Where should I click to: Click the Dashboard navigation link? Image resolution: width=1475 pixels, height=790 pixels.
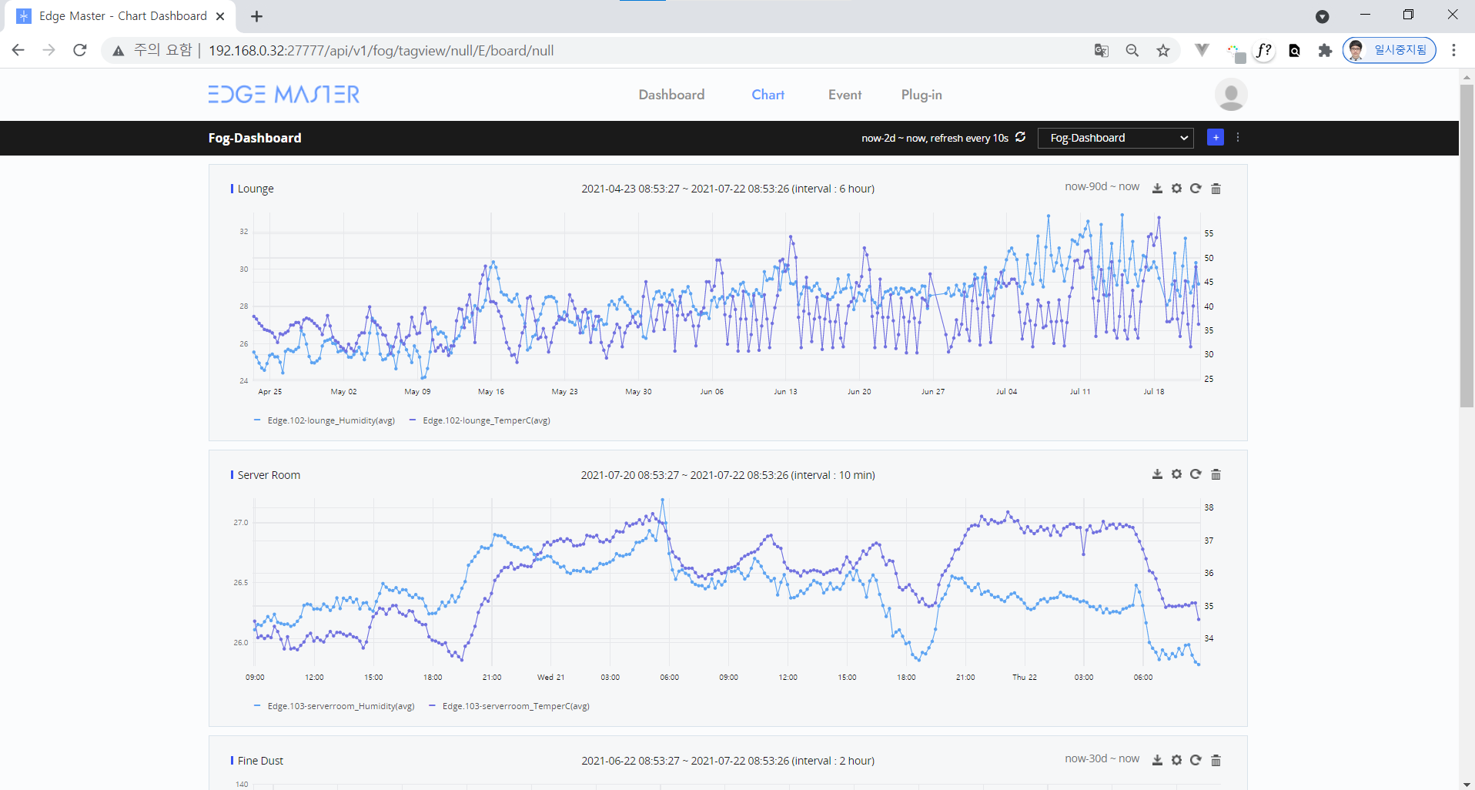coord(671,95)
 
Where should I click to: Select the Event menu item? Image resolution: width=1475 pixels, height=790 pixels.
coord(845,95)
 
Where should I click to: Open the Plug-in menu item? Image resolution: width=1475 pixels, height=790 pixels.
coord(921,95)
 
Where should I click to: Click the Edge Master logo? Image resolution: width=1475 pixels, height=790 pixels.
coord(284,94)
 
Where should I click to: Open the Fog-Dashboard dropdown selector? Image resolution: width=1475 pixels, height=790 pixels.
coord(1115,138)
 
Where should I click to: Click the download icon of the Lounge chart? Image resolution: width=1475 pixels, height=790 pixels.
coord(1157,189)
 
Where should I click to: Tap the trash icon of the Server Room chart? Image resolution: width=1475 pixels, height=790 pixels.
coord(1216,474)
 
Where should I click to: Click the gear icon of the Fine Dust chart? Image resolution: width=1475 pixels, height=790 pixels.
coord(1176,760)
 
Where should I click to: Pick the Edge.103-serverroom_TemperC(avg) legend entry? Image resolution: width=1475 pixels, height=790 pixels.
coord(509,706)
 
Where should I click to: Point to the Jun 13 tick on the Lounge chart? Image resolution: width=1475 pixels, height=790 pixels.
coord(785,392)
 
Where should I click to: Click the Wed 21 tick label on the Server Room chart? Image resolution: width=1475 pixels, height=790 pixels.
coord(550,678)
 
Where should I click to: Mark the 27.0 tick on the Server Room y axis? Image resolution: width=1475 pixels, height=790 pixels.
coord(241,523)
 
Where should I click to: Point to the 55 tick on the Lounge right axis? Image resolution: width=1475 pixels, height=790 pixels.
coord(1209,233)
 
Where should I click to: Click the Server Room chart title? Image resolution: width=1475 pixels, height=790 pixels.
coord(269,475)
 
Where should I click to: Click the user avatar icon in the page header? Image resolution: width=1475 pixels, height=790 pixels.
coord(1231,95)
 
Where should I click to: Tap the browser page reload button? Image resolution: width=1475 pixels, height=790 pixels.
coord(80,50)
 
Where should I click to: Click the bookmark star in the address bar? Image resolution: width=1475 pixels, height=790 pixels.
coord(1163,51)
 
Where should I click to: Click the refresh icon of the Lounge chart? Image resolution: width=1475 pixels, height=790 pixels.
coord(1196,189)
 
